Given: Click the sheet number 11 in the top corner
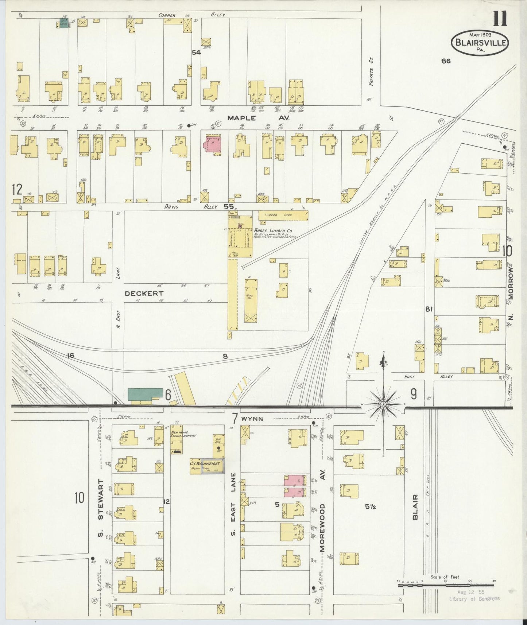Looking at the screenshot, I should coord(500,19).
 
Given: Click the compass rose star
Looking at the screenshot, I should coord(383,404).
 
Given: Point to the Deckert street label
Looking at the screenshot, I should coord(144,293).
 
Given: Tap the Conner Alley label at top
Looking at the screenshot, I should coord(191,15).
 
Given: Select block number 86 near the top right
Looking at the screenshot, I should coord(446,61).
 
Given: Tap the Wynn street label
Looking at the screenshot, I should coord(252,419).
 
